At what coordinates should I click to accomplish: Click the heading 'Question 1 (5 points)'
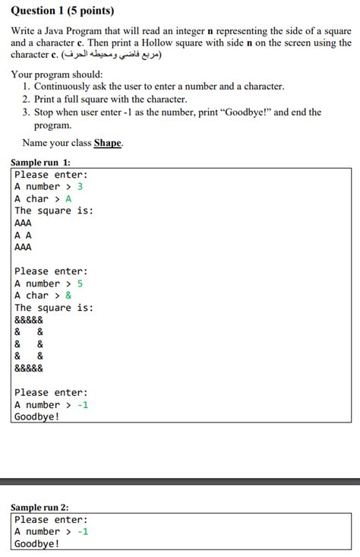pos(63,11)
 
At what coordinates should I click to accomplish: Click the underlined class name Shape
pos(107,143)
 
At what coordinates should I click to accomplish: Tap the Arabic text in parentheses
pos(114,55)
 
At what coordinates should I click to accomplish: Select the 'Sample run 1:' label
pos(40,163)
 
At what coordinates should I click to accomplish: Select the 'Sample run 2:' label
pos(40,508)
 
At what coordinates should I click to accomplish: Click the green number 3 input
pos(80,186)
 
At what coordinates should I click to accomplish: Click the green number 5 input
pos(80,283)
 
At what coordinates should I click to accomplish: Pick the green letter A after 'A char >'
pos(68,198)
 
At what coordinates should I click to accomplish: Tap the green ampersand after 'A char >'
pos(68,296)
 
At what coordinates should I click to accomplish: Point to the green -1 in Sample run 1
pos(82,405)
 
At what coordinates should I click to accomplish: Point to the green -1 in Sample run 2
pos(82,532)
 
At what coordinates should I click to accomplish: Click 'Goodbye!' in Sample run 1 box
pos(36,417)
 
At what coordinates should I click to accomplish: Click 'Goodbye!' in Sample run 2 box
pos(36,544)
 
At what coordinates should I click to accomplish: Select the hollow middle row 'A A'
pos(24,235)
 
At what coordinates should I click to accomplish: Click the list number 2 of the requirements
pos(27,100)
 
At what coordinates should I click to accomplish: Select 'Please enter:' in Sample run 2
pos(51,520)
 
